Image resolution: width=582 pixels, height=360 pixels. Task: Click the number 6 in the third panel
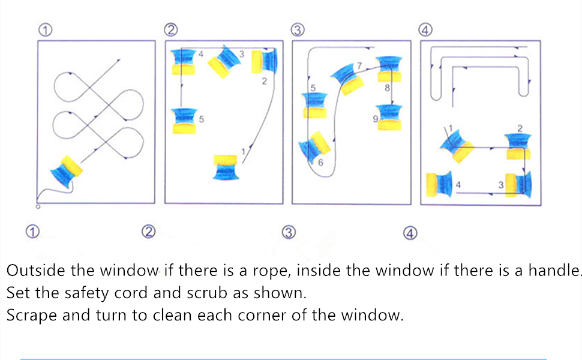pos(321,163)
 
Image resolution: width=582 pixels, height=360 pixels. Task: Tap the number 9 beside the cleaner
pos(375,119)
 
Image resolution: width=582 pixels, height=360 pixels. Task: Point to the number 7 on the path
pos(359,65)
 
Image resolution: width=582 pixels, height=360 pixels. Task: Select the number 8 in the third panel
pos(387,88)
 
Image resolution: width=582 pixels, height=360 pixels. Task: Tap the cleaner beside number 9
pos(390,117)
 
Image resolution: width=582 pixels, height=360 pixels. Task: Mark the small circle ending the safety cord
pos(38,206)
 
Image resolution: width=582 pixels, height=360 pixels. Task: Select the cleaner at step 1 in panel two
pos(226,167)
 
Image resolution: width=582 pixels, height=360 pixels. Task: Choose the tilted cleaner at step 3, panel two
pos(225,61)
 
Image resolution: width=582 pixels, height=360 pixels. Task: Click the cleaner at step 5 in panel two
pos(184,120)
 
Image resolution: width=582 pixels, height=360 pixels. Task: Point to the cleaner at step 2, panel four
pos(518,145)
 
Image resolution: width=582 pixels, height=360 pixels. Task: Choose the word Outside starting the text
pos(35,270)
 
